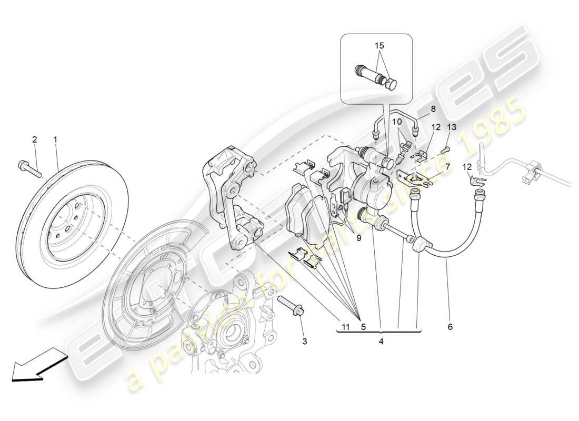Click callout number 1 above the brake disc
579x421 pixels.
coord(55,139)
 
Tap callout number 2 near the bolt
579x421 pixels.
coord(35,139)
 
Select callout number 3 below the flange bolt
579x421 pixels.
coord(304,342)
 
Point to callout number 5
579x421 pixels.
coord(363,327)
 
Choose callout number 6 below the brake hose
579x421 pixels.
coord(450,327)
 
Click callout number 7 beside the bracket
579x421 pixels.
coord(447,167)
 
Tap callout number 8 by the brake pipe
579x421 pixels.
coord(433,109)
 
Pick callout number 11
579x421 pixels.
coord(345,327)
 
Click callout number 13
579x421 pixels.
coord(452,127)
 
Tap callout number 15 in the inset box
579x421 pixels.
coord(379,46)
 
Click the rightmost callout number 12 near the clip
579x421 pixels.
coord(468,167)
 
